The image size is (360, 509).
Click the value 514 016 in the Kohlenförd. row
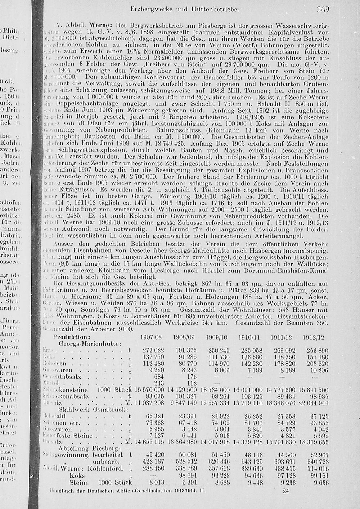[317, 468]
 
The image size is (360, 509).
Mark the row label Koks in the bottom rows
[77, 475]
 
